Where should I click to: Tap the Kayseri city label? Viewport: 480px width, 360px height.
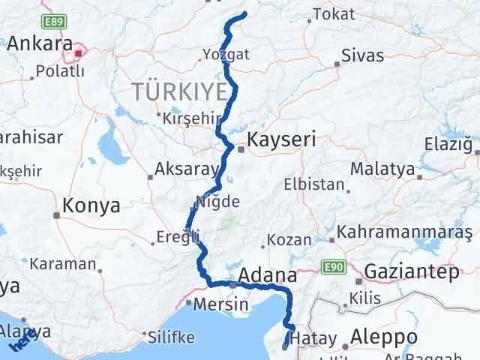[x=283, y=139]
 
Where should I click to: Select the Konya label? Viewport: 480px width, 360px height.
[x=92, y=205]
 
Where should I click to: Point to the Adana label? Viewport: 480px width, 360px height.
[x=268, y=274]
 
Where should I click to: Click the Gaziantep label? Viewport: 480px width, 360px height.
[x=412, y=271]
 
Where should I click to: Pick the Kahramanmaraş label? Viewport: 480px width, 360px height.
[x=404, y=233]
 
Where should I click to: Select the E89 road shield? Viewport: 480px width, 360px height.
[x=52, y=21]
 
